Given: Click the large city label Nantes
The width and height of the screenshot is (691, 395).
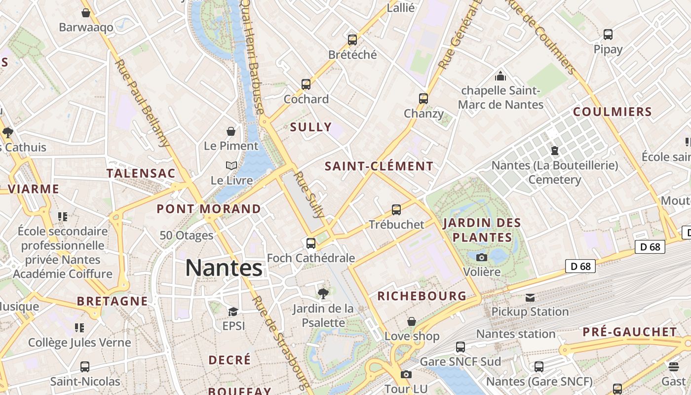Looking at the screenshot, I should [224, 268].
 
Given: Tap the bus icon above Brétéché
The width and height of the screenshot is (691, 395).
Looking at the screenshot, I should [352, 39].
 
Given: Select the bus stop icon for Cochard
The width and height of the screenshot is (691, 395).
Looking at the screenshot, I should [306, 84].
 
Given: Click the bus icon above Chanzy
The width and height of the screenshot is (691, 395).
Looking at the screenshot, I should [423, 98].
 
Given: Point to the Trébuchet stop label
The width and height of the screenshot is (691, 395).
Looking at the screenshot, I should [396, 224].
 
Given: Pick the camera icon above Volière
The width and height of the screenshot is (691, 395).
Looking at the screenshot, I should [481, 257].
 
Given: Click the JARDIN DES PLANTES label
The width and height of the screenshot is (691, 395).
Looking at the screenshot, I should [482, 230].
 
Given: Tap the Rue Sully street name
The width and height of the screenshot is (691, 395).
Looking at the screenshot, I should [309, 195].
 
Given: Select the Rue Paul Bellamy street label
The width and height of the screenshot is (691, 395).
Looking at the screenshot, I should [142, 103].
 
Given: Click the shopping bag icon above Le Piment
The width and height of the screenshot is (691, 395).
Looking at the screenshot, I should [230, 131].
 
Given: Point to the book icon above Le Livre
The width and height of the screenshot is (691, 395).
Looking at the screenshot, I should [231, 165].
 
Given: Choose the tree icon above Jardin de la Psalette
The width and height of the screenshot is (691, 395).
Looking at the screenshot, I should [323, 294].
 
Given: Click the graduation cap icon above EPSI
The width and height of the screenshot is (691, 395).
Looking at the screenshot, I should [233, 312].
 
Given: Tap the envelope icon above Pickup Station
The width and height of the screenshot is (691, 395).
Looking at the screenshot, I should [530, 297].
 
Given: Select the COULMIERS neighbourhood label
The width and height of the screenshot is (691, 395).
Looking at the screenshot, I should [613, 112].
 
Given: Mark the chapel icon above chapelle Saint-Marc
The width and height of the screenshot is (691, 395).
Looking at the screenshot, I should [500, 76].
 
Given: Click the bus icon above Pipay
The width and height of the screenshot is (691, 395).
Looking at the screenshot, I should [608, 35].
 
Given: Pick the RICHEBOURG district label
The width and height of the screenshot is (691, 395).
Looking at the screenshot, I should [422, 296].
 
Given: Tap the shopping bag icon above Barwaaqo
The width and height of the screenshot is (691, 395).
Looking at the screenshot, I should [86, 13].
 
